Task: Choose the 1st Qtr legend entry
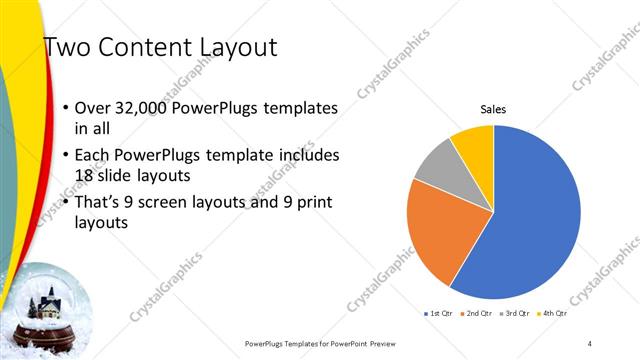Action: click(x=439, y=314)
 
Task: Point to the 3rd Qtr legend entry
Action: click(x=513, y=314)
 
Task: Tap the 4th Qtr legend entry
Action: click(x=553, y=314)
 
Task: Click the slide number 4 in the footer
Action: click(x=590, y=343)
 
